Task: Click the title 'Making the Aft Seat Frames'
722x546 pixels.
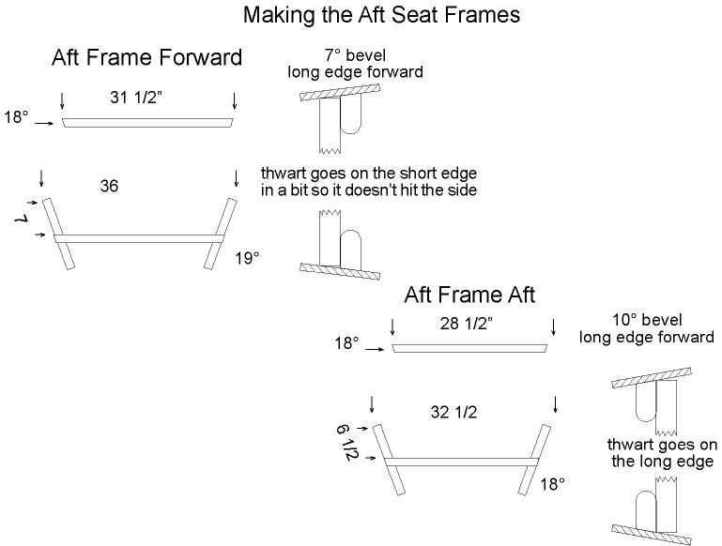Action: tap(381, 15)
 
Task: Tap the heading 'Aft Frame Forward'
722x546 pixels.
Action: tap(146, 58)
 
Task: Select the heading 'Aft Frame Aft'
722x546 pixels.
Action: tap(469, 295)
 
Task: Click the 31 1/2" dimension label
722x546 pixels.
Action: tap(136, 98)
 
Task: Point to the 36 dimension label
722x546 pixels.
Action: tap(109, 186)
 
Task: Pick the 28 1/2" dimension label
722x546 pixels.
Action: tap(467, 324)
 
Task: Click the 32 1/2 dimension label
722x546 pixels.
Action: tap(454, 412)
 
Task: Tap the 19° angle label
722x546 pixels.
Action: tap(247, 259)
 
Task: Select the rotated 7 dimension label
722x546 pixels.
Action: tap(22, 220)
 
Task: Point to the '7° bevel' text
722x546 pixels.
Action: tap(355, 55)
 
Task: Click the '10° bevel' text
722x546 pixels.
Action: tap(647, 320)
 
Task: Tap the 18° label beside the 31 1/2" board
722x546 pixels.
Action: tap(16, 118)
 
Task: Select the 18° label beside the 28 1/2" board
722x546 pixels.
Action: tap(346, 343)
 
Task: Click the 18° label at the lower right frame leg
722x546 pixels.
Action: tap(553, 484)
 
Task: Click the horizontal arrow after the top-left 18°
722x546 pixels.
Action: tap(45, 123)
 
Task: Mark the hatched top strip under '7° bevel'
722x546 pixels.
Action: tap(340, 93)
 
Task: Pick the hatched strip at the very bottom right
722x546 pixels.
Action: tap(652, 535)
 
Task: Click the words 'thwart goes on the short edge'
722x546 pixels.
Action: tap(369, 174)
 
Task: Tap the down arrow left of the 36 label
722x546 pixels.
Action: tap(42, 178)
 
